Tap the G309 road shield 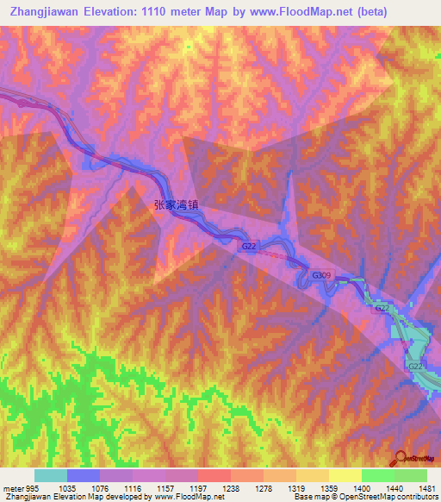click(321, 275)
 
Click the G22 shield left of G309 click(249, 247)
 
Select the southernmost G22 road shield click(415, 367)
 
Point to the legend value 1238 click(232, 487)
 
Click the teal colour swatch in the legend click(51, 475)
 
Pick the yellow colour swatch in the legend click(345, 475)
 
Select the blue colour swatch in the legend click(84, 475)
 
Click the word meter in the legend click(13, 487)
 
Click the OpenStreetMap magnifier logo click(401, 459)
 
